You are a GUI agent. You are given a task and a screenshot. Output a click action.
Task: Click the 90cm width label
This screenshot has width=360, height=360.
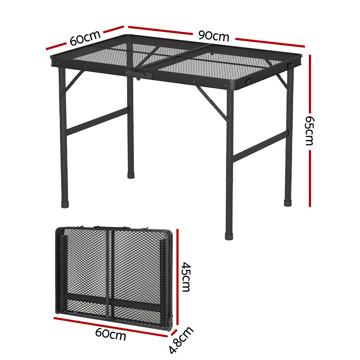pos(213,36)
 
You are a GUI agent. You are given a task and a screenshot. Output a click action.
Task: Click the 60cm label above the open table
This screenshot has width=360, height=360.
pos(85,38)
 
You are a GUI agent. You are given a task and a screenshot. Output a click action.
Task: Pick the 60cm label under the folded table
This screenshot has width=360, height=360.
pos(111,335)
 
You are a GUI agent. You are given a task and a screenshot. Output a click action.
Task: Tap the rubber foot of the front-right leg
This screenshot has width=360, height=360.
pos(229,237)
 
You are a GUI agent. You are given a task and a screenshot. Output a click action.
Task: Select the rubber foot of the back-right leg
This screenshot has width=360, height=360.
pos(288,203)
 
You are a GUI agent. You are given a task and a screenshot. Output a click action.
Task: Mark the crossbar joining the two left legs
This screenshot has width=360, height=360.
pos(98,121)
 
